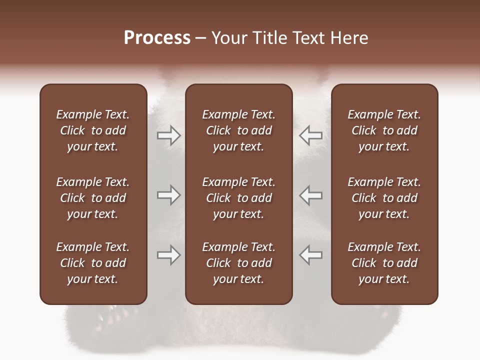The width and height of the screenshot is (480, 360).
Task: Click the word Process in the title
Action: coord(157,38)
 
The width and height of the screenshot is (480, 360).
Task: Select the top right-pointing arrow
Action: coord(169,135)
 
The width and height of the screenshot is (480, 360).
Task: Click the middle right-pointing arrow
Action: coord(169,195)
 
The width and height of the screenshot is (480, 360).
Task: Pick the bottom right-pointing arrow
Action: coord(169,255)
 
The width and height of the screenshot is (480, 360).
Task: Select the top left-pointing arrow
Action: coord(310,135)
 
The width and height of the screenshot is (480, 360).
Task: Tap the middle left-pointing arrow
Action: coord(310,195)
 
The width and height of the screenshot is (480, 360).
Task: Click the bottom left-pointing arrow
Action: coord(310,255)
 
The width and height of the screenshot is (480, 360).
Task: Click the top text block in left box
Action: coord(93,130)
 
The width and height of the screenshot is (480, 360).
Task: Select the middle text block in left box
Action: coord(93,198)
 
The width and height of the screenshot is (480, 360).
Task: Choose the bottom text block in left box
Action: coord(93,263)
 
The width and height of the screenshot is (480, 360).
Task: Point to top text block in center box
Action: coord(238,130)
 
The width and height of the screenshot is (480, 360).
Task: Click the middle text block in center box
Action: coord(238,198)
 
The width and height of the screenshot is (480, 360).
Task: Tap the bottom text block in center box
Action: coord(238,263)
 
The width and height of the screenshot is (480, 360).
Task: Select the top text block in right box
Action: coord(384,130)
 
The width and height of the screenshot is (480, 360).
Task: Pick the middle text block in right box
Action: coord(384,198)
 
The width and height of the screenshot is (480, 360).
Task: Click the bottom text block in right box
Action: coord(384,263)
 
